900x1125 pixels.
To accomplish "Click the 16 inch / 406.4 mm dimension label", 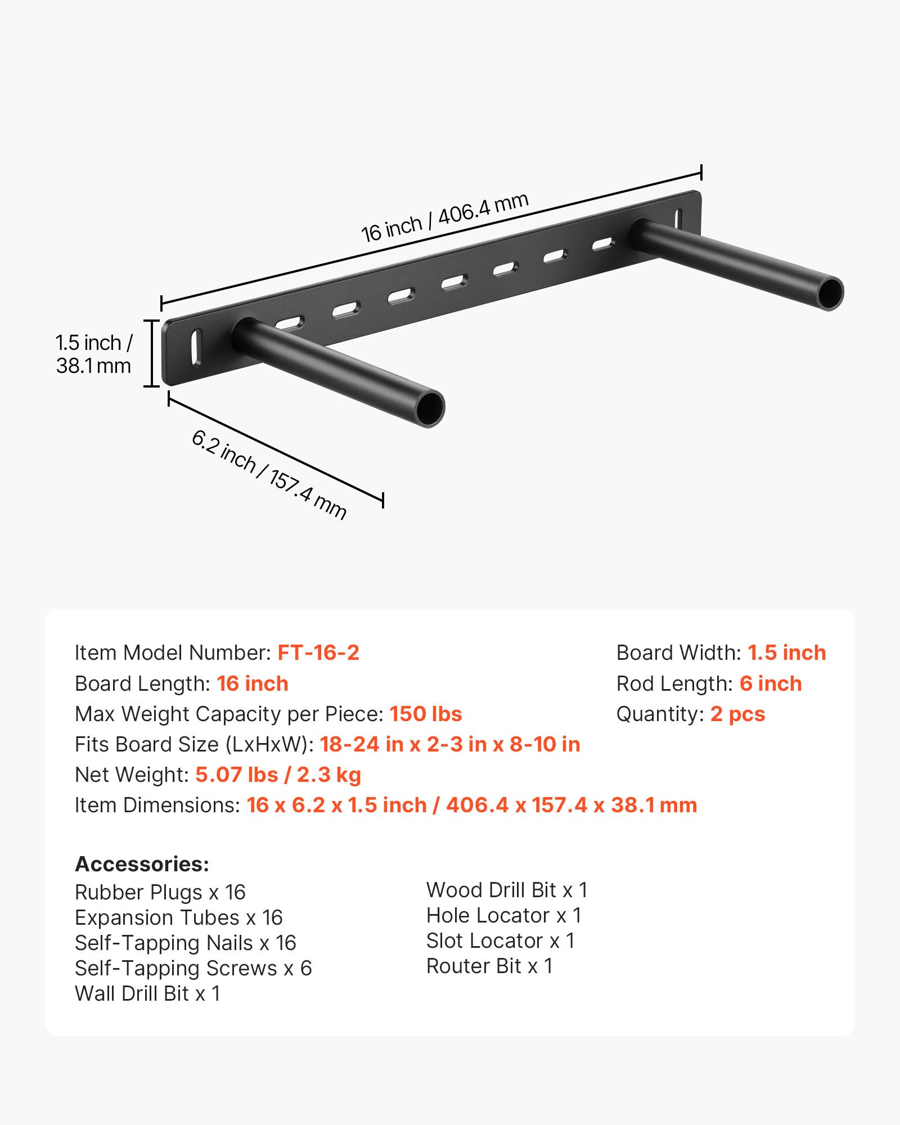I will point(444,217).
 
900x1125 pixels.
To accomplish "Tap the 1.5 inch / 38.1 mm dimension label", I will point(93,354).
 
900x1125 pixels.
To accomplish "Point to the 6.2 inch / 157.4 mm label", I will point(269,475).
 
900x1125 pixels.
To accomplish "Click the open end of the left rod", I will point(430,407).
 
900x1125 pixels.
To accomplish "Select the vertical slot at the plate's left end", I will point(195,347).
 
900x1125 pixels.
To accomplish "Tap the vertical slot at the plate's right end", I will point(678,219).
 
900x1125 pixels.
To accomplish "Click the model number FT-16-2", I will point(318,652).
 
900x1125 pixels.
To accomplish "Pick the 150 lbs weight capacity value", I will point(426,714).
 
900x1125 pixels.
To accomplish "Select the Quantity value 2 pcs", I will point(737,714).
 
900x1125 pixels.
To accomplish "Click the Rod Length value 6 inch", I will point(771,683).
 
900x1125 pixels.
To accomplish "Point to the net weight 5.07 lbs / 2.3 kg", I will point(278,775).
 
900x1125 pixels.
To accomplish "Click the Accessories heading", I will point(142,864).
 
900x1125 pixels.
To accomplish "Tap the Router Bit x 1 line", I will point(489,966).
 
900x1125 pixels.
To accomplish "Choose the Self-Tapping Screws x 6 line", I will point(193,968).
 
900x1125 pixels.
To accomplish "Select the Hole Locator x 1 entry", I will point(503,915).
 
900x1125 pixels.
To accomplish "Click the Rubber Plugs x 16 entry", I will point(160,892).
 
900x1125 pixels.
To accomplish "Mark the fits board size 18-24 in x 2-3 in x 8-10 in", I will point(450,744).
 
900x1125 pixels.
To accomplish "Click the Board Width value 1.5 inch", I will point(786,652).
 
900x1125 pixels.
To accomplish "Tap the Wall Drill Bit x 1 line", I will point(147,993).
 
